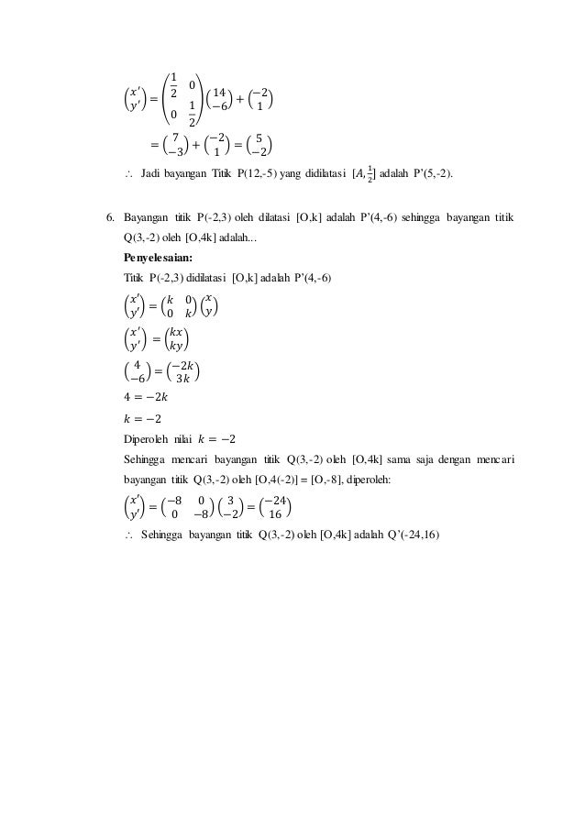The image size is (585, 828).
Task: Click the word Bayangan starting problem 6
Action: coord(149,219)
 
